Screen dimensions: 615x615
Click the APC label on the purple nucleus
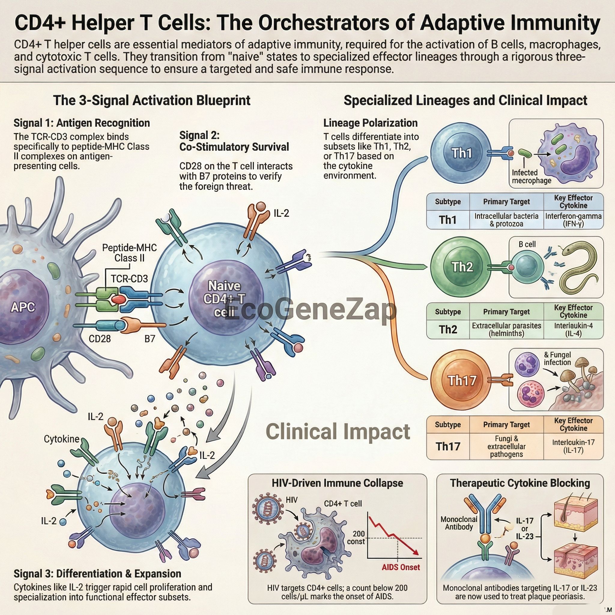[23, 307]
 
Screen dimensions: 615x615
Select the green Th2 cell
[461, 267]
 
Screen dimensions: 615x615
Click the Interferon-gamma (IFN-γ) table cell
[573, 220]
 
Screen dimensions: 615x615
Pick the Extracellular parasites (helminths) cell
[507, 329]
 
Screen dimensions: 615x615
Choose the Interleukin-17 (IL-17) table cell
[573, 446]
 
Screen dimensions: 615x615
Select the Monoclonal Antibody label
[459, 523]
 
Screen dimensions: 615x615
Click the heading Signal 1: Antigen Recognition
[81, 123]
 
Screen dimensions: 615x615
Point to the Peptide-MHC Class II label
[129, 253]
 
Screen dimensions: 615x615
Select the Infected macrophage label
[531, 176]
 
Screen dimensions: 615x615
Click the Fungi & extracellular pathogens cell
[507, 446]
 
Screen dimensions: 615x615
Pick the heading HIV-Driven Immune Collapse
[337, 483]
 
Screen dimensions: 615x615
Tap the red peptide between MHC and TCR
[118, 299]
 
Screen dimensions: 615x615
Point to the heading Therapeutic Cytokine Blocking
[520, 483]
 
